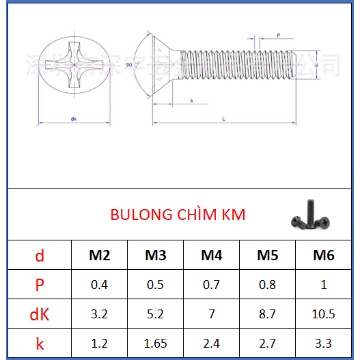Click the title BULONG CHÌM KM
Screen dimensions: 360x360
[178, 214]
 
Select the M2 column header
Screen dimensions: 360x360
[100, 256]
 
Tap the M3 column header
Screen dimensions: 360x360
[156, 256]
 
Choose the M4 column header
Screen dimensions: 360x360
[212, 256]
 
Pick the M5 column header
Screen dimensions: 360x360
[267, 256]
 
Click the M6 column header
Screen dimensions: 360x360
[323, 256]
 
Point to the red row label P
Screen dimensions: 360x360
[40, 285]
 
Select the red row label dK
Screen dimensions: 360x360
[40, 314]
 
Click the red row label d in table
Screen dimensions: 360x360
[40, 256]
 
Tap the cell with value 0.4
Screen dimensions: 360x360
[100, 285]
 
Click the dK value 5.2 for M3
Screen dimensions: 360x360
[156, 314]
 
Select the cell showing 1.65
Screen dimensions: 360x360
[156, 344]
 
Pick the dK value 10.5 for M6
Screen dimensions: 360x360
[323, 314]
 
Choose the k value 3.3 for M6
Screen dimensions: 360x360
[323, 344]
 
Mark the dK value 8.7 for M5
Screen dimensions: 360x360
[267, 314]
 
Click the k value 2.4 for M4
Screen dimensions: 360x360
[212, 344]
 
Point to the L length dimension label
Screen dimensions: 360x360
[224, 118]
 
